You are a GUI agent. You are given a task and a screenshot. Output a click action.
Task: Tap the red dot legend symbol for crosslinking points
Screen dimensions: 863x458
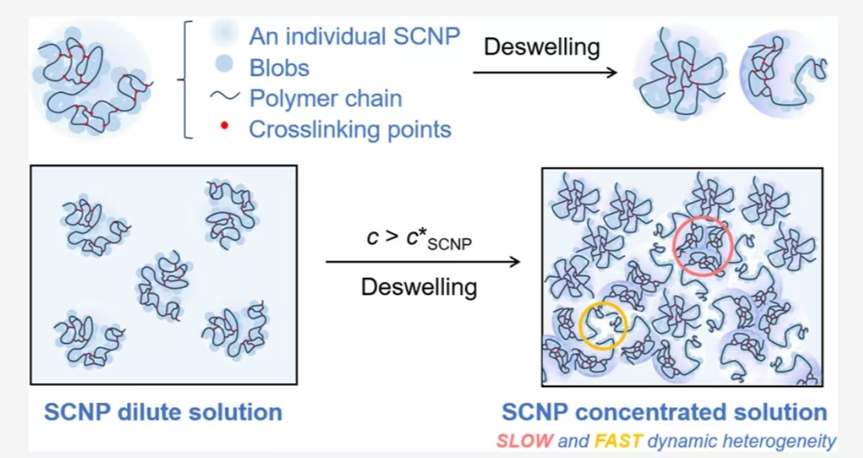coord(224,125)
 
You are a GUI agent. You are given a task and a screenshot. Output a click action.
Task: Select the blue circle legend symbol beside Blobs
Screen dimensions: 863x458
coord(224,64)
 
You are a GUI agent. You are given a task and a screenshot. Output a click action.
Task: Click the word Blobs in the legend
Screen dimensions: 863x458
coord(280,68)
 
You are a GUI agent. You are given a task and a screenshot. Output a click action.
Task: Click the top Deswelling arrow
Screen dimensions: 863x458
coord(545,72)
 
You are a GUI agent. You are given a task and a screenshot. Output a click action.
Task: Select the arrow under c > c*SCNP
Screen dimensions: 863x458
coord(423,262)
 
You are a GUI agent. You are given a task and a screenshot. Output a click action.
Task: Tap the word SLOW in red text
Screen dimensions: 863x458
coord(524,441)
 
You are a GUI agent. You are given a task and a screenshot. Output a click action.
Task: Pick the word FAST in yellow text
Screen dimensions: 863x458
coord(618,441)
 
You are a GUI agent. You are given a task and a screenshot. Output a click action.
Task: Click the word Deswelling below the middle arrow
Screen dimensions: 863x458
coord(419,287)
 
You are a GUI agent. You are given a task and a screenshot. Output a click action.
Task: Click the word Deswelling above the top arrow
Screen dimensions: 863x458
coord(542,47)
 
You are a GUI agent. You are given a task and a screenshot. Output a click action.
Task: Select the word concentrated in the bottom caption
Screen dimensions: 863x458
coord(651,412)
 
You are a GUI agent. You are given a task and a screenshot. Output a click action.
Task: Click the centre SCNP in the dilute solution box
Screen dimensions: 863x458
coord(164,286)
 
